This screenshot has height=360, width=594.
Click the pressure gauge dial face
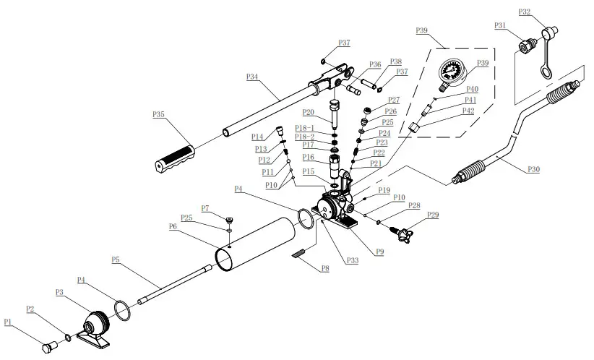pyautogui.click(x=452, y=74)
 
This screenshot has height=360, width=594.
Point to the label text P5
pyautogui.click(x=116, y=258)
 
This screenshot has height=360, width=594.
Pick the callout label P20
pyautogui.click(x=309, y=112)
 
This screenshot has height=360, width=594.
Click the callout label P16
pyautogui.click(x=309, y=156)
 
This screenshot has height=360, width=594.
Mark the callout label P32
pyautogui.click(x=525, y=12)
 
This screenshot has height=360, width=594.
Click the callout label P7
pyautogui.click(x=205, y=208)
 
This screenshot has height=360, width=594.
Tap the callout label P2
pyautogui.click(x=30, y=309)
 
